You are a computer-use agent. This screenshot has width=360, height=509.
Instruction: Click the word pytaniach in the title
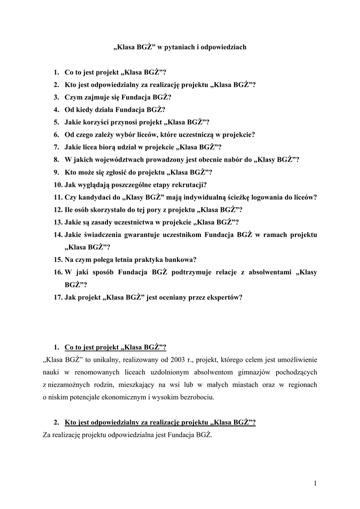click(184, 48)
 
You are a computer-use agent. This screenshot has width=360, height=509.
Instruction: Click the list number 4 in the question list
click(57, 109)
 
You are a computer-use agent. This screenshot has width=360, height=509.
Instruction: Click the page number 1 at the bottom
click(315, 483)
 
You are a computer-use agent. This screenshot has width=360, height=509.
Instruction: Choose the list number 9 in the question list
click(57, 172)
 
